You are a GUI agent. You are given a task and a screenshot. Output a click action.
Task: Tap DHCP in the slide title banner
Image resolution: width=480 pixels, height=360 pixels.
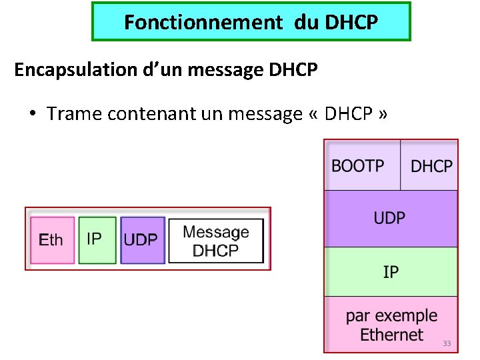point(351,23)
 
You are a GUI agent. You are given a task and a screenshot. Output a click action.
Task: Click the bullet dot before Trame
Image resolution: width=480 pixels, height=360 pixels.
point(32,114)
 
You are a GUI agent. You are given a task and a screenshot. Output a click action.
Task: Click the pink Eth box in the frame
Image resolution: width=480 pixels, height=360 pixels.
point(51,240)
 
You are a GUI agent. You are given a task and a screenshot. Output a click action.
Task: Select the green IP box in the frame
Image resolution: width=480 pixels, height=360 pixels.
point(97,239)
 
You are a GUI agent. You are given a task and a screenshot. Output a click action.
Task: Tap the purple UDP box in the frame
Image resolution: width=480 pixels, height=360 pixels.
point(142,240)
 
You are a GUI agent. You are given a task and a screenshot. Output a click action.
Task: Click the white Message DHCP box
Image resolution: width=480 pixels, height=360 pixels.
point(216,241)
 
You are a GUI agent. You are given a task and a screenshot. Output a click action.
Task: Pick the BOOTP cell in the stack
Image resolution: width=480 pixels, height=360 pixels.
point(361,165)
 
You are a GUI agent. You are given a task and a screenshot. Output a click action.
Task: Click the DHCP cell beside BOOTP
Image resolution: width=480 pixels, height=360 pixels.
point(431,166)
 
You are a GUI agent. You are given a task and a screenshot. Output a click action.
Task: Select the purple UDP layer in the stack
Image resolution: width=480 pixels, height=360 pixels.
point(390,219)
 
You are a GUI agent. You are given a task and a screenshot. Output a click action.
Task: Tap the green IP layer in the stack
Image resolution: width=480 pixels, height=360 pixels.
point(391,271)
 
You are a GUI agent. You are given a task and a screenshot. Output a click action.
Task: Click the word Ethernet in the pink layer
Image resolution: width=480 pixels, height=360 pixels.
point(391,334)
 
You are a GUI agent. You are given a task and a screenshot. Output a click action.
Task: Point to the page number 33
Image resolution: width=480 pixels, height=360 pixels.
point(447,343)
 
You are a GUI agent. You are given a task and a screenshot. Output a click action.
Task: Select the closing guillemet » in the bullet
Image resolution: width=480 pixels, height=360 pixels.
point(382,114)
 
